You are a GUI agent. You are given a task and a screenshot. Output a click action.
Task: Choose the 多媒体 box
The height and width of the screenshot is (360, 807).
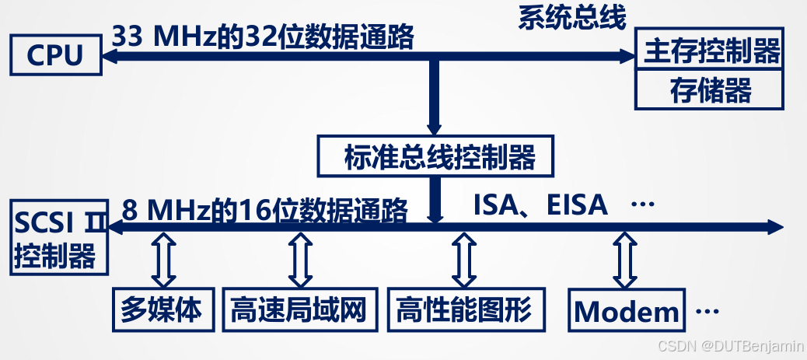(162, 309)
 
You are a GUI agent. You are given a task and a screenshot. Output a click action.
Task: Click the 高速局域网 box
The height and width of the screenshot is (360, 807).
(298, 309)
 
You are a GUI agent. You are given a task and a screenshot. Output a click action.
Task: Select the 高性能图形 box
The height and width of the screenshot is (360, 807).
(464, 309)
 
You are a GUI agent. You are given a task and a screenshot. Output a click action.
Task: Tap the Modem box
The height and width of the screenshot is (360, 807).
(627, 311)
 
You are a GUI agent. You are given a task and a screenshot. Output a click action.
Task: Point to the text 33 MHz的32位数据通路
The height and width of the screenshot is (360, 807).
(263, 37)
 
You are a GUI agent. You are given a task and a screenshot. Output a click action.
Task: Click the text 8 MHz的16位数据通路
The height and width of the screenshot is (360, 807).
(264, 210)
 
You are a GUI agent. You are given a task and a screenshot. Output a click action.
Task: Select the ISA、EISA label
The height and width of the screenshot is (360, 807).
(540, 204)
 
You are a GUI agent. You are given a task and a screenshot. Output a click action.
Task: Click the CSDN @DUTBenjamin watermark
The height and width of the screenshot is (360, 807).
(729, 345)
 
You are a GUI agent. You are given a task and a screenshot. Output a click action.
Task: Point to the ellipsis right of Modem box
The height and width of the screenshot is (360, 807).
(707, 312)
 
